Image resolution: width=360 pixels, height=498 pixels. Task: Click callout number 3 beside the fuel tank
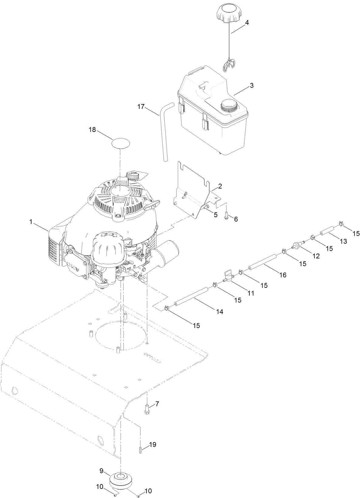[x=251, y=86]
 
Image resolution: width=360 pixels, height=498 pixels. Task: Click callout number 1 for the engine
[x=31, y=222]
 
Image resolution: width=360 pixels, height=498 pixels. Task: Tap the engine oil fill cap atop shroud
[x=133, y=176]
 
